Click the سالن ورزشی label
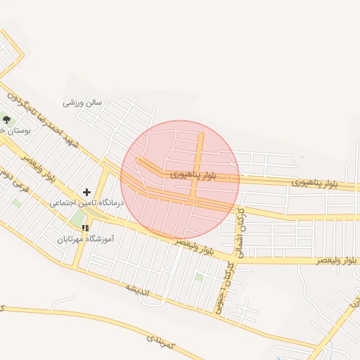click(x=82, y=103)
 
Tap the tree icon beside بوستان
click(x=7, y=120)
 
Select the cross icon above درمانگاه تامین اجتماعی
click(x=86, y=191)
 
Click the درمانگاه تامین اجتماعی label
click(x=86, y=202)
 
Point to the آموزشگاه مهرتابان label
click(x=86, y=239)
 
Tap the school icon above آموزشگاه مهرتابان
click(x=85, y=228)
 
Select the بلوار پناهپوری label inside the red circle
click(x=193, y=172)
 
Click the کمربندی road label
click(x=160, y=342)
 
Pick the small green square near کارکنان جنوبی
click(x=199, y=277)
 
